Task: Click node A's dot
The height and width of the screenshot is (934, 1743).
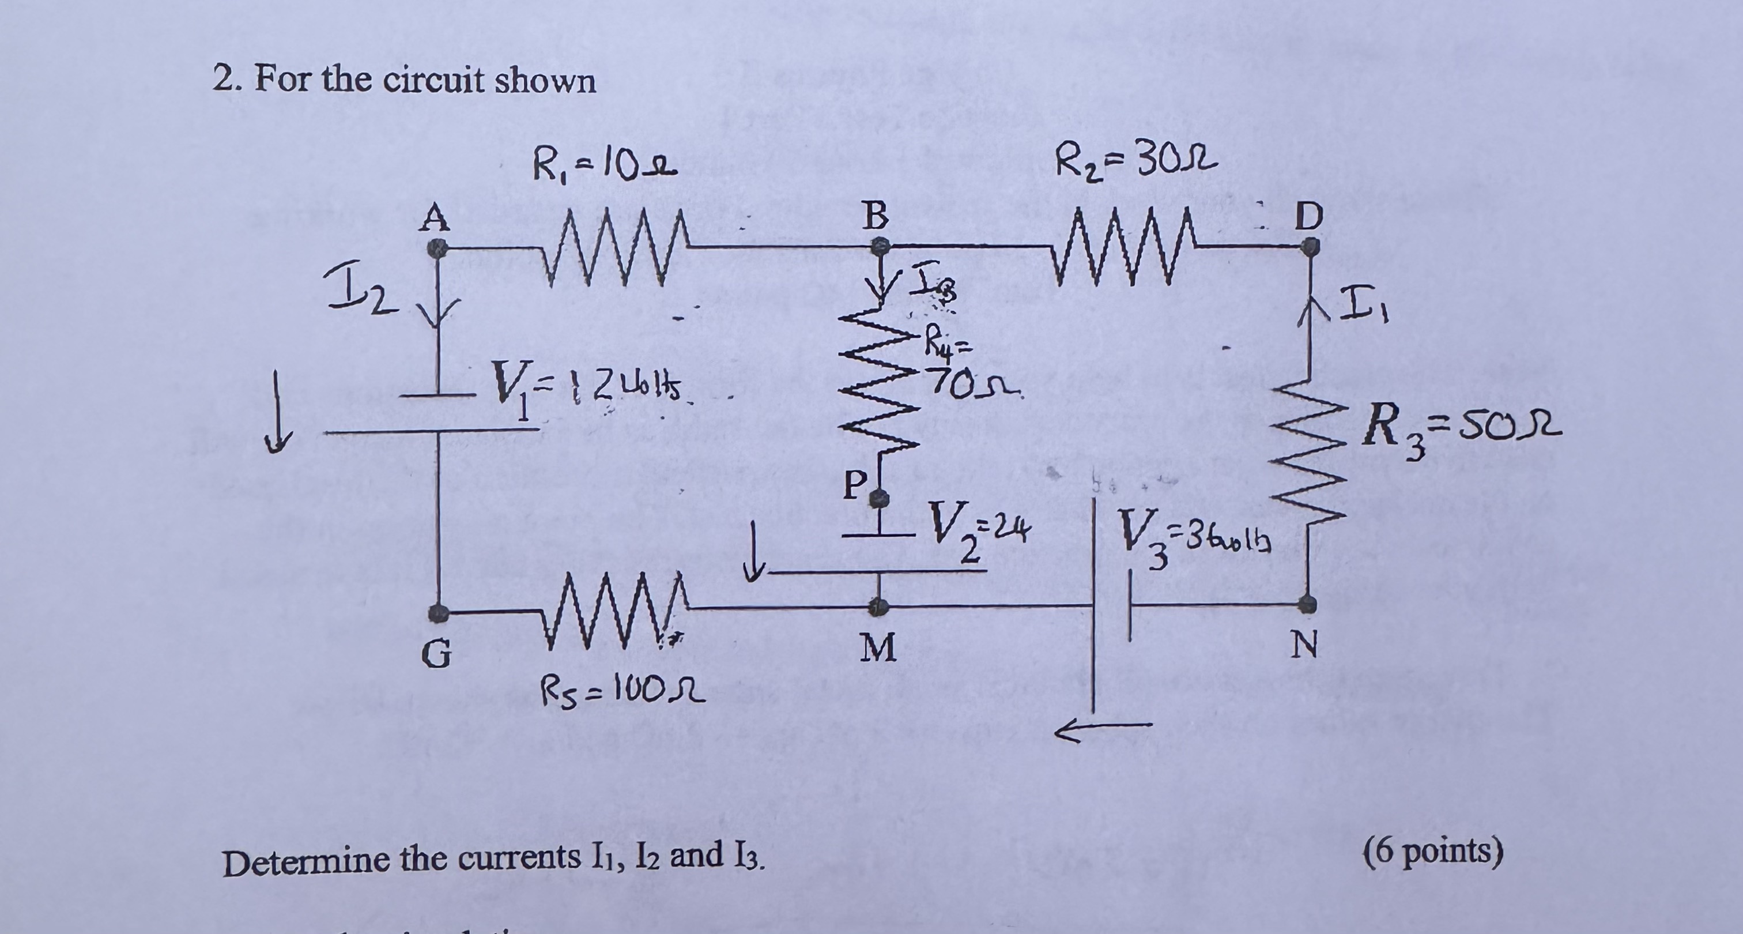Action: (438, 249)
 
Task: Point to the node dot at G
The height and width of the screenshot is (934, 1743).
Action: (439, 613)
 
